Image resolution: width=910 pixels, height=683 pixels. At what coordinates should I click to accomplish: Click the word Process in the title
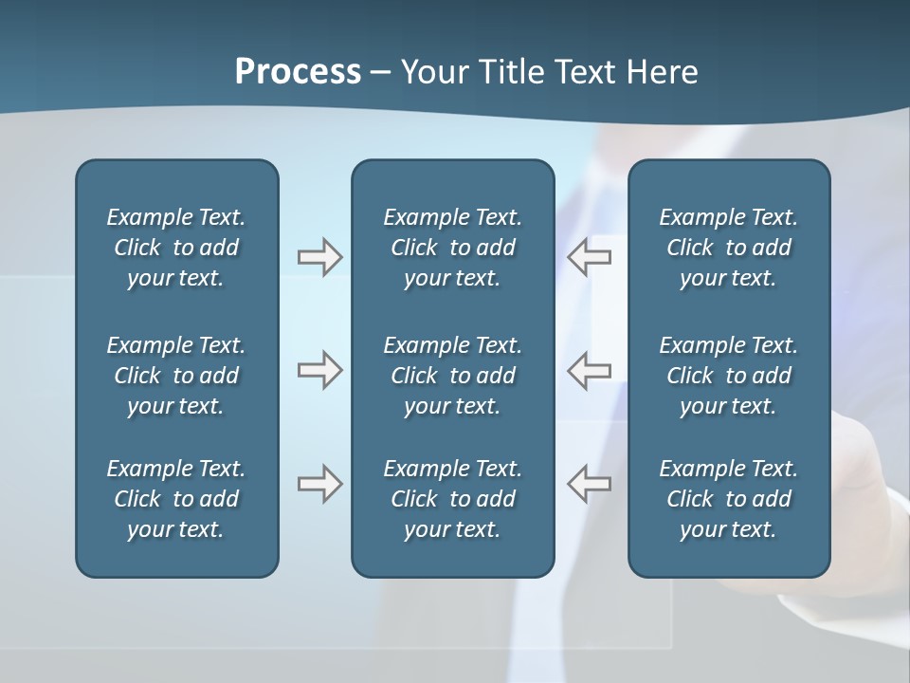click(298, 72)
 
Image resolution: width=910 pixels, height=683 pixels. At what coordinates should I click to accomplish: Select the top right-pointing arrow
click(319, 257)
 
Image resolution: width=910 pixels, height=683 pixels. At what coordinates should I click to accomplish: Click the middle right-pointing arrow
click(319, 370)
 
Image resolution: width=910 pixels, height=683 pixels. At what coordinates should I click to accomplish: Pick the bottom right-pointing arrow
click(319, 484)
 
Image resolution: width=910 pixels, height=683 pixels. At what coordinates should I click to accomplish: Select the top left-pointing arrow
click(589, 257)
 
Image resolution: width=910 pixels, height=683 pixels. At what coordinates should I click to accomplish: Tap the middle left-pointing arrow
click(589, 370)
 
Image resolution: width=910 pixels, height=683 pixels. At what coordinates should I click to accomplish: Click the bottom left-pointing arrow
click(589, 484)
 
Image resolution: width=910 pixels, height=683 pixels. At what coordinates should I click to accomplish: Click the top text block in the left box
click(176, 248)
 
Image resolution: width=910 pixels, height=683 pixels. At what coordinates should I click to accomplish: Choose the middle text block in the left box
click(176, 376)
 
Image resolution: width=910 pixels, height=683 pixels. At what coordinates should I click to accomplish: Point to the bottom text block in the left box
click(176, 499)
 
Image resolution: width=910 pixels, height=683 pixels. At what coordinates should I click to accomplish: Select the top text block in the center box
click(453, 248)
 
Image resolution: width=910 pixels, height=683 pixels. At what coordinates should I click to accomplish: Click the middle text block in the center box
click(453, 376)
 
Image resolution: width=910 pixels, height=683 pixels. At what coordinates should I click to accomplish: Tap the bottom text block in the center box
click(453, 499)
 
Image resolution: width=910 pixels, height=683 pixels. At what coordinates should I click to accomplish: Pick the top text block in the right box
click(729, 248)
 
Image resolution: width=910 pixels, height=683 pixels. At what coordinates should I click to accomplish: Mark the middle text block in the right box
click(729, 376)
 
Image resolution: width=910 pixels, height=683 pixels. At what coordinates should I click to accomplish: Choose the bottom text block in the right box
click(729, 499)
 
